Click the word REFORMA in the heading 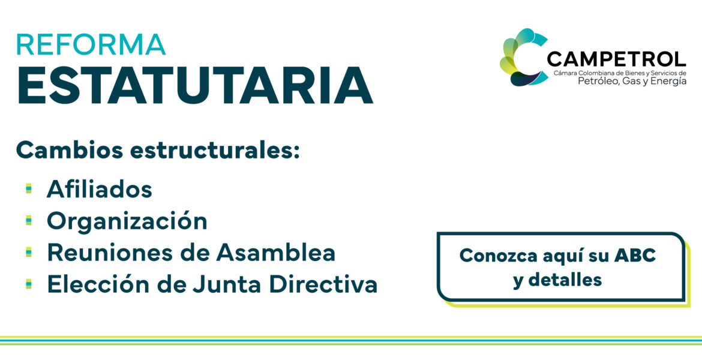[91, 44]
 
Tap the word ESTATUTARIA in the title [195, 86]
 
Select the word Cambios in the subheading [70, 151]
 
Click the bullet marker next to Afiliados [29, 189]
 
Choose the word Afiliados [100, 189]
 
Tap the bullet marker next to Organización [29, 220]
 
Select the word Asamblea [276, 253]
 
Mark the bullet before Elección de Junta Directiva [29, 284]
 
